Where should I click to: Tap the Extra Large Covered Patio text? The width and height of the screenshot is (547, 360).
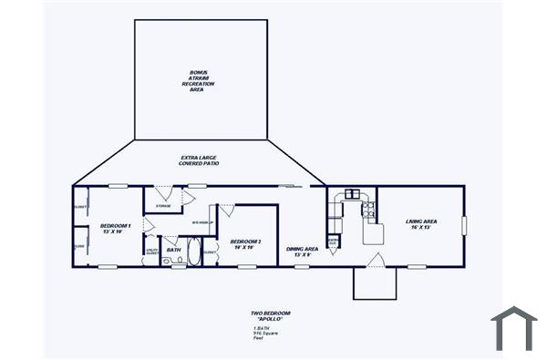pyautogui.click(x=200, y=160)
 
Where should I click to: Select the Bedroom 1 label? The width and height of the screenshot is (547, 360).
pyautogui.click(x=117, y=228)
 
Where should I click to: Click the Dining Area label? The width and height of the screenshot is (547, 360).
pyautogui.click(x=302, y=252)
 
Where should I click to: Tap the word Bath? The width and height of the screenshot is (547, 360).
pyautogui.click(x=173, y=249)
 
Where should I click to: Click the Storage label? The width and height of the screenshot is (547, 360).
pyautogui.click(x=163, y=207)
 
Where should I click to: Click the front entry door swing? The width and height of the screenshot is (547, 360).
pyautogui.click(x=375, y=261)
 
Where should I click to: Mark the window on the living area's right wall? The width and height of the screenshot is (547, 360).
pyautogui.click(x=463, y=225)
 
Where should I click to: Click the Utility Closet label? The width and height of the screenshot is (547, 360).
pyautogui.click(x=151, y=251)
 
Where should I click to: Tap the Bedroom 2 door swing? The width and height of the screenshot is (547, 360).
pyautogui.click(x=226, y=211)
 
